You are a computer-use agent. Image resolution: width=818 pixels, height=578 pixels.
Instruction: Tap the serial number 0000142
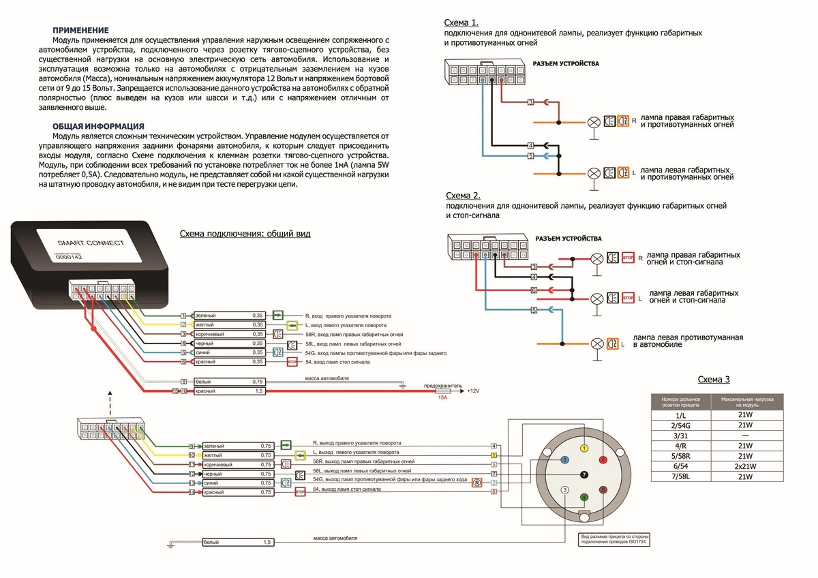coord(68,257)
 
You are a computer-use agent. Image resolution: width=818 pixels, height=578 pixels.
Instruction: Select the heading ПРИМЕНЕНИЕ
coord(80,30)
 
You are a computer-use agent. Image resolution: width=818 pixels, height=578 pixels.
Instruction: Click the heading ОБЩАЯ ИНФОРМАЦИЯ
coord(98,126)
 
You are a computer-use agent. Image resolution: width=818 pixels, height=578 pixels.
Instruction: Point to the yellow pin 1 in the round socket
coord(584,448)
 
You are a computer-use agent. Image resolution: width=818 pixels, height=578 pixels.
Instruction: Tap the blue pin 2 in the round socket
coord(565,460)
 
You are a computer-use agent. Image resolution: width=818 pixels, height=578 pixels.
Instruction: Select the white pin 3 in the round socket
coord(564,489)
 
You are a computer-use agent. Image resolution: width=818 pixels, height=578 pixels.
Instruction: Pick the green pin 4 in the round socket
coord(584,497)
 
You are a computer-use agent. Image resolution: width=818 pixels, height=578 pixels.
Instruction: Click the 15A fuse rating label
coord(442,397)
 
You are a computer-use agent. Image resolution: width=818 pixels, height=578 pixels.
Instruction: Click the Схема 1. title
coord(461,22)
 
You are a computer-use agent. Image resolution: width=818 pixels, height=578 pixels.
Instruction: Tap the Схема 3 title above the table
coord(714,380)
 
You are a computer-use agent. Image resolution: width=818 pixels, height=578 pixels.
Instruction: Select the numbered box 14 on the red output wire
coord(192,492)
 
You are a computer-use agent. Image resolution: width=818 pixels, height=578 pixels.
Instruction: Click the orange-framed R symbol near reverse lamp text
coord(478,483)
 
